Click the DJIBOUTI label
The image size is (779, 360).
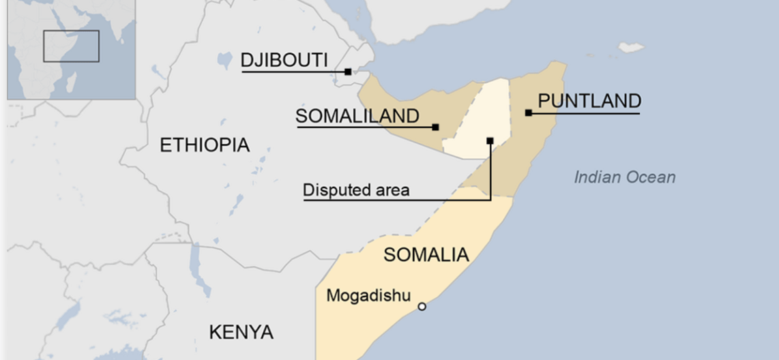click(x=284, y=60)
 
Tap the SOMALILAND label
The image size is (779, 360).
click(x=357, y=116)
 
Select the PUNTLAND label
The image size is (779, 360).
click(x=589, y=101)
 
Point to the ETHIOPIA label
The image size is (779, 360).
click(x=205, y=145)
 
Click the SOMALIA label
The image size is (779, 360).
click(x=426, y=255)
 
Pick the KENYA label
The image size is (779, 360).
click(x=241, y=332)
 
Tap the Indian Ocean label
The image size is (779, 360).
click(x=624, y=177)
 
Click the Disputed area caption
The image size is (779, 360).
click(x=356, y=190)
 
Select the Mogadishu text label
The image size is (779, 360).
click(x=368, y=295)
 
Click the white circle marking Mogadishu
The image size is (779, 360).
click(x=422, y=307)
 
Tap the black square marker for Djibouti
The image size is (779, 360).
click(x=348, y=72)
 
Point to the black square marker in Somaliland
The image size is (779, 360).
click(x=436, y=127)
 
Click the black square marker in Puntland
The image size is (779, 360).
click(x=529, y=112)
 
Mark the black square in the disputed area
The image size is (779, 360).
click(x=490, y=141)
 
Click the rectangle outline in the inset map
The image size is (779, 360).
click(x=71, y=46)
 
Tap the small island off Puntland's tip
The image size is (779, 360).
click(x=631, y=48)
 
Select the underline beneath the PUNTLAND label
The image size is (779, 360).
click(x=584, y=113)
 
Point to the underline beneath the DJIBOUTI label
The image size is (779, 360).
click(x=293, y=72)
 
